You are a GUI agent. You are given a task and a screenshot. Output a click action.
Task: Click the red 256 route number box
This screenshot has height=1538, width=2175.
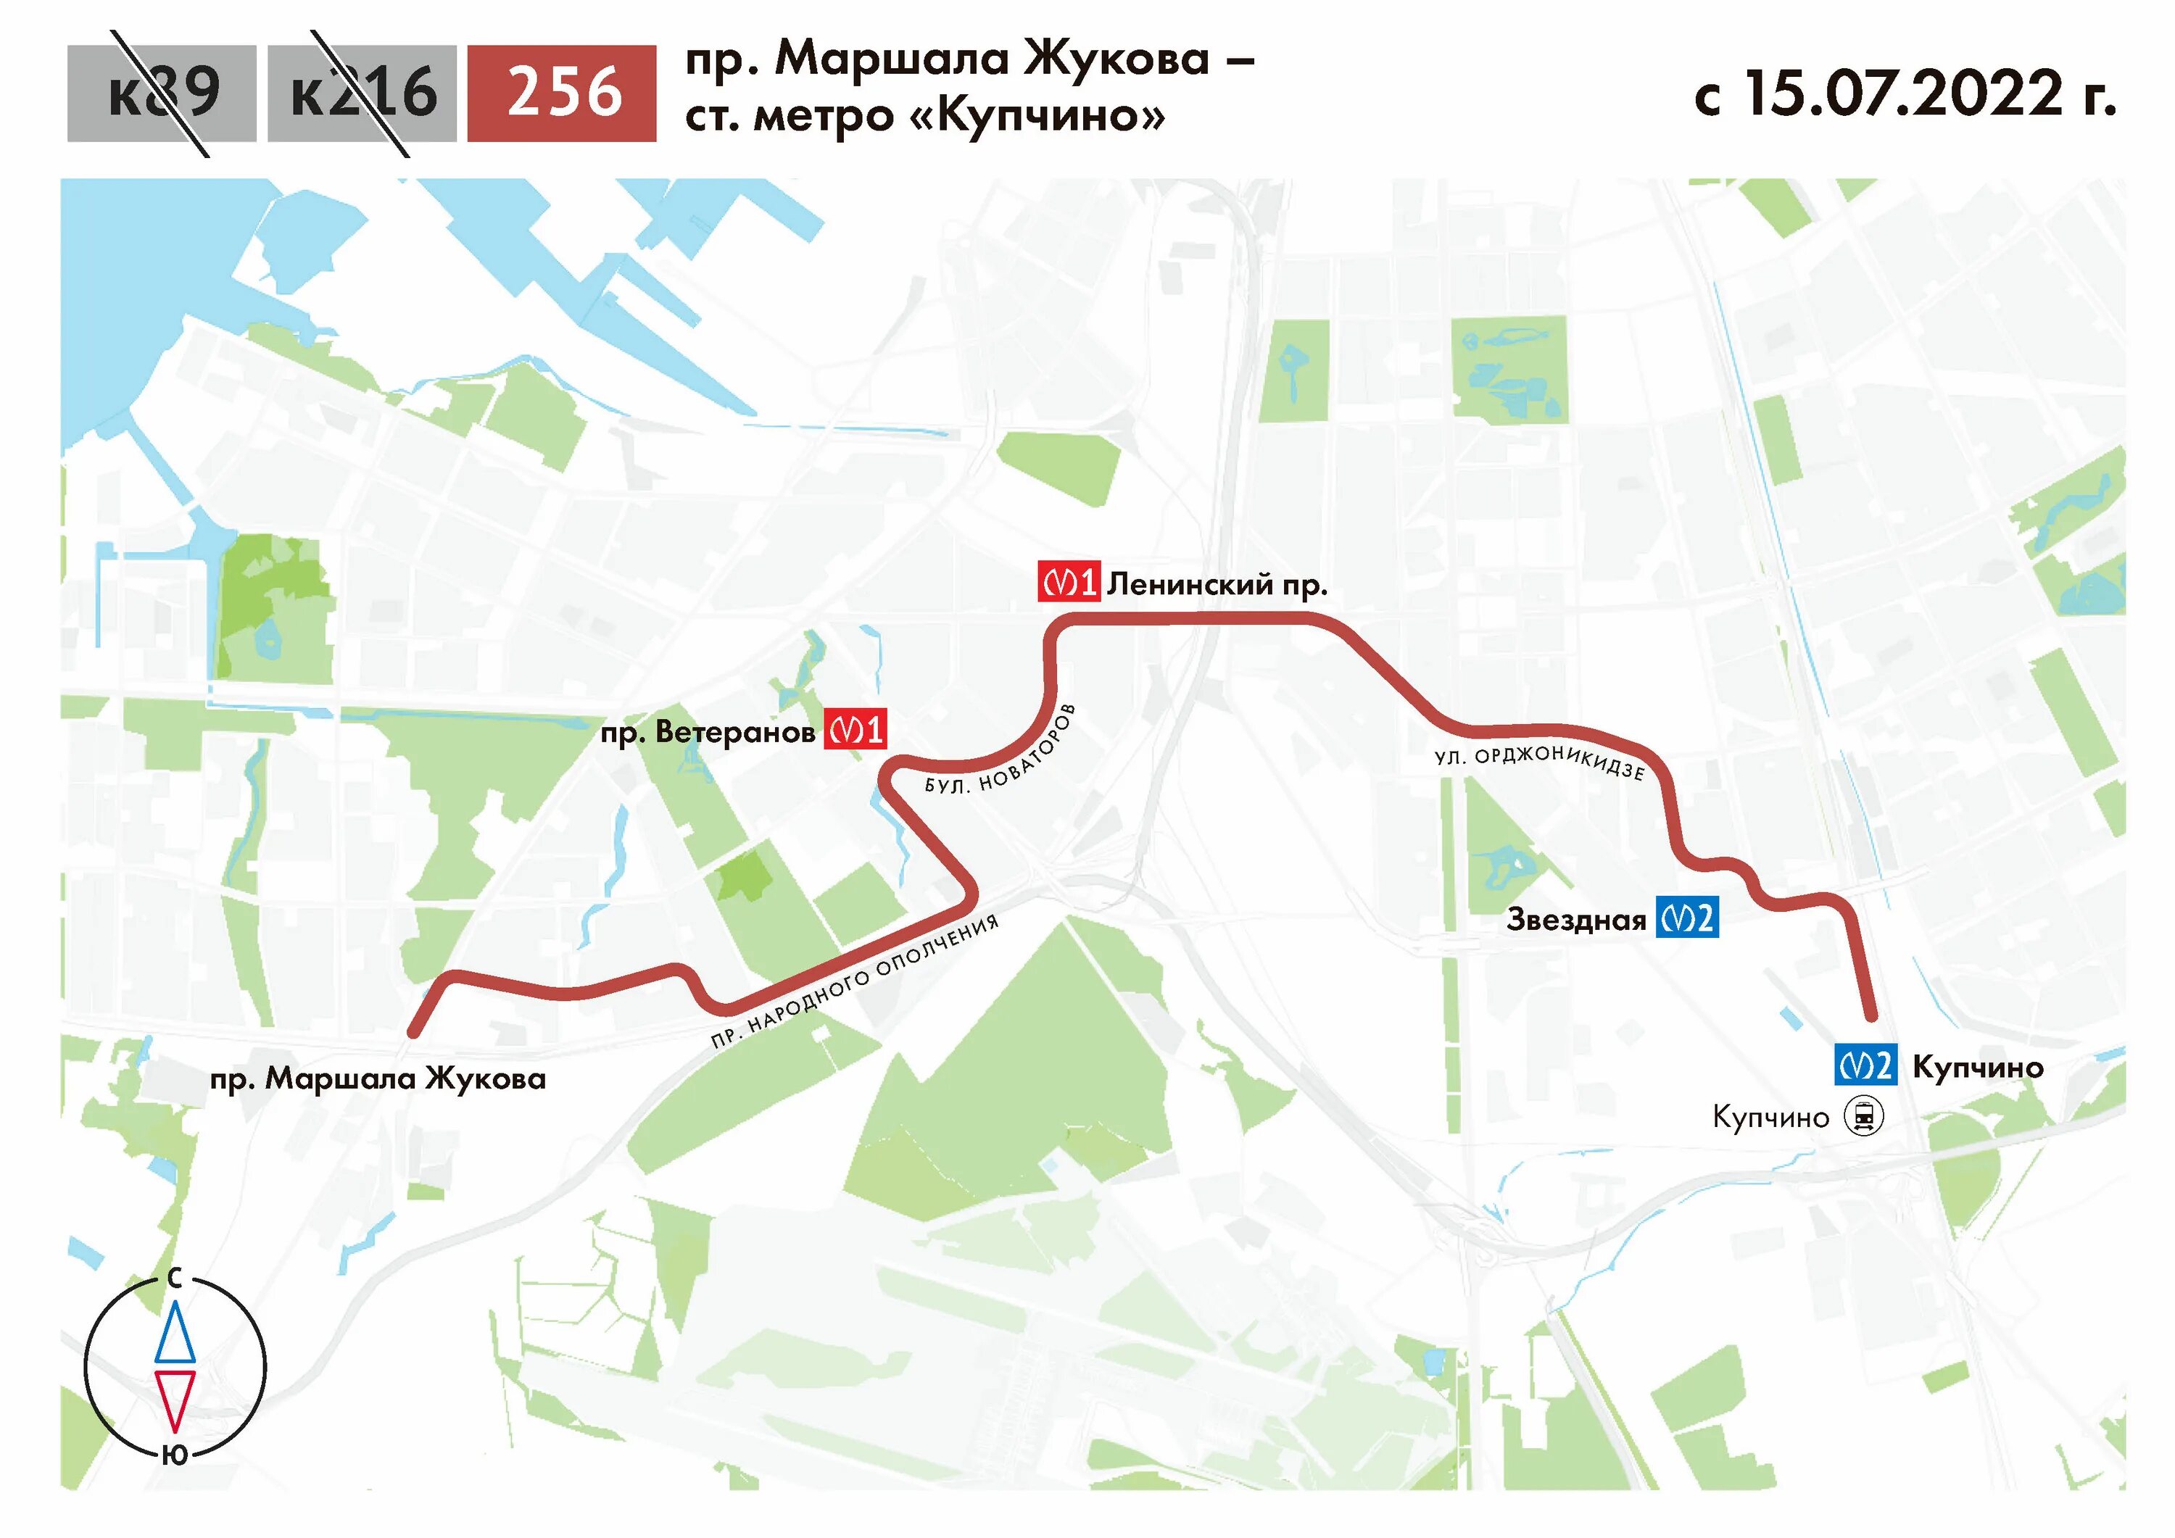(x=562, y=93)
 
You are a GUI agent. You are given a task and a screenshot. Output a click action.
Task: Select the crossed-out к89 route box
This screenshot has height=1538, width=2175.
(x=162, y=93)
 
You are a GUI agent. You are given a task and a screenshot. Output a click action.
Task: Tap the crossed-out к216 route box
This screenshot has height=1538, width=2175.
(x=362, y=93)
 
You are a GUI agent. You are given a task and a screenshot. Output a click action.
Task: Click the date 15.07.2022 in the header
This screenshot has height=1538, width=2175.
(x=1904, y=93)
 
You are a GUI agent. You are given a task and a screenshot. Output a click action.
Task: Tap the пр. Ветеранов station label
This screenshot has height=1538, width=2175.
(x=708, y=732)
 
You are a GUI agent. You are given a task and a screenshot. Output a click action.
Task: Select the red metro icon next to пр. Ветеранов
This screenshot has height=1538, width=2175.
(x=855, y=729)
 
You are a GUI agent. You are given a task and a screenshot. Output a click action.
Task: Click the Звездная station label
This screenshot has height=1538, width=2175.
(x=1576, y=920)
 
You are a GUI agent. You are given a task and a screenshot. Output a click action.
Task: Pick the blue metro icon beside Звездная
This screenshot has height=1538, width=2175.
(x=1687, y=917)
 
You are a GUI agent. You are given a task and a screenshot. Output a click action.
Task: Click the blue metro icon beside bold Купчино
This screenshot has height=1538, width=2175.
(x=1865, y=1066)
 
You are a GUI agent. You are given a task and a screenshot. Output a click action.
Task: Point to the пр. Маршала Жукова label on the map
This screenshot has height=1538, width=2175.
(x=378, y=1078)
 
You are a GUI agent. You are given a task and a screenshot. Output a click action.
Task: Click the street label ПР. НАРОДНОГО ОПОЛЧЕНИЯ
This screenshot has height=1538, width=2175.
(x=855, y=980)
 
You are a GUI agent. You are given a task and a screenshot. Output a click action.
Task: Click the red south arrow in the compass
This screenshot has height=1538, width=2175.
(x=175, y=1400)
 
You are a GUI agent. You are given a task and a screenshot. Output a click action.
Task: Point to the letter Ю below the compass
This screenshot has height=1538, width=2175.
(x=175, y=1455)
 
